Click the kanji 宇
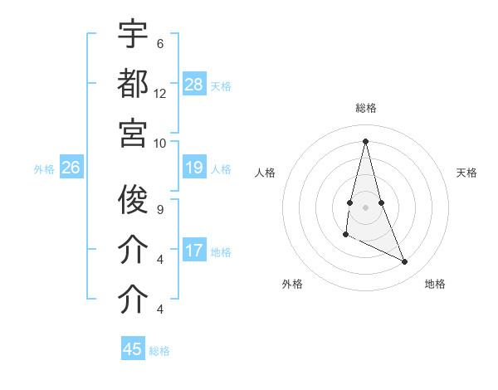click(x=134, y=34)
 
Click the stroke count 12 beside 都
click(x=160, y=93)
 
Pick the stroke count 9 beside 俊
click(x=160, y=210)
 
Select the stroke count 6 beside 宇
click(x=160, y=44)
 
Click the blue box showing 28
click(x=194, y=85)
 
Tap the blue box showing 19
click(x=194, y=168)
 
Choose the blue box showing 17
click(x=194, y=251)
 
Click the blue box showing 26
click(x=71, y=168)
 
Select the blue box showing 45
click(x=133, y=349)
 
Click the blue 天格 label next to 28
click(x=221, y=85)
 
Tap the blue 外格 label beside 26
click(x=44, y=169)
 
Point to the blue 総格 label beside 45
click(x=159, y=350)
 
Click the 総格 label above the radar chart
click(x=366, y=108)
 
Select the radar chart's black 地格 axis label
click(x=435, y=284)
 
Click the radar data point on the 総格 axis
click(x=365, y=140)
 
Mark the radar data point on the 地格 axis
click(x=405, y=262)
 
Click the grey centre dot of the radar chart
click(x=365, y=207)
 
